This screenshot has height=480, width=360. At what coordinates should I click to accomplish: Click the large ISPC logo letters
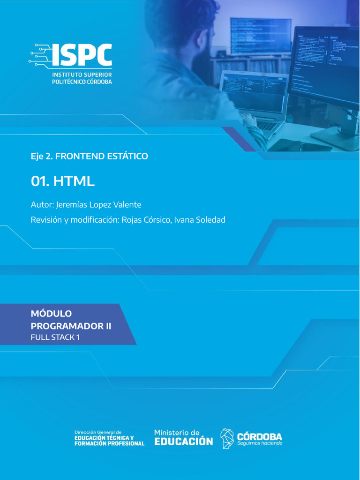click(82, 55)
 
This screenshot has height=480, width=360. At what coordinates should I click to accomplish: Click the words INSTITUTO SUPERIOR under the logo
click(82, 75)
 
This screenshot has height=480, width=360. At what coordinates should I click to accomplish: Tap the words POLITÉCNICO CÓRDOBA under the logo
click(82, 82)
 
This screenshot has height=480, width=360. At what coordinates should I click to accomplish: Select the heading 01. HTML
click(63, 181)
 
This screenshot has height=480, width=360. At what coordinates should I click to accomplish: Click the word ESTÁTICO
click(130, 157)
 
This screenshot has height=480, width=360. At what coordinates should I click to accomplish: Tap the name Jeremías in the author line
click(74, 205)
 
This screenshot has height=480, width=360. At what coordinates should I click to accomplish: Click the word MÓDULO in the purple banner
click(51, 314)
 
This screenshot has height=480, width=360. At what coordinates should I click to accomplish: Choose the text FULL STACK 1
click(55, 337)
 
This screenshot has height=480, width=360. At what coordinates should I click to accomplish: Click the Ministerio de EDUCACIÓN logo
click(183, 438)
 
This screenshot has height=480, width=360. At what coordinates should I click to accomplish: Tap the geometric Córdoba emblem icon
click(228, 438)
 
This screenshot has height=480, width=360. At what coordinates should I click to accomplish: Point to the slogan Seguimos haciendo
click(260, 443)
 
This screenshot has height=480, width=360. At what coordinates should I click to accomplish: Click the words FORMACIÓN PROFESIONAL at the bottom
click(110, 444)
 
